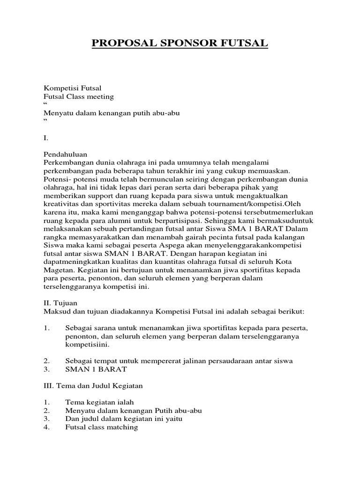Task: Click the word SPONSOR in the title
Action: pyautogui.click(x=180, y=44)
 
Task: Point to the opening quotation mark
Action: pyautogui.click(x=45, y=104)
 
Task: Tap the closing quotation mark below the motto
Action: pyautogui.click(x=45, y=121)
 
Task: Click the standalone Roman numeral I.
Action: pyautogui.click(x=45, y=138)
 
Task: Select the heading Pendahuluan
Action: pyautogui.click(x=65, y=154)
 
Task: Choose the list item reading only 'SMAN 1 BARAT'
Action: pyautogui.click(x=96, y=369)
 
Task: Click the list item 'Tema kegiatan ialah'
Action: pyautogui.click(x=99, y=402)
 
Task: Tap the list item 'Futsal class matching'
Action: pyautogui.click(x=101, y=427)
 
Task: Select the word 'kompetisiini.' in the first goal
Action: pyautogui.click(x=87, y=344)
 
